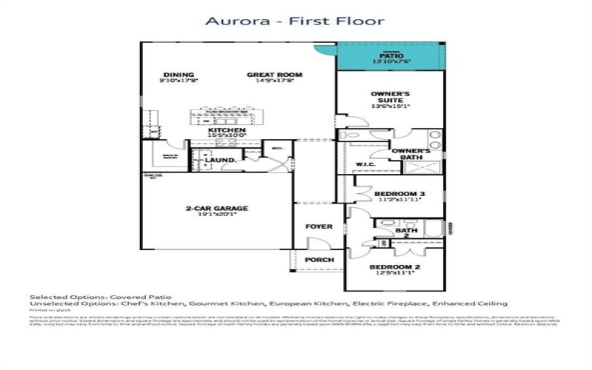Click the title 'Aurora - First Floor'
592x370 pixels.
pos(296,21)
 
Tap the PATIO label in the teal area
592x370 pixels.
pos(390,55)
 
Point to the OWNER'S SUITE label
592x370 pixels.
pos(390,98)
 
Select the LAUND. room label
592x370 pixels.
pos(221,160)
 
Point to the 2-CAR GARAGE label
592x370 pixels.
pos(217,209)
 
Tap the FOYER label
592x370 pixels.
pos(319,226)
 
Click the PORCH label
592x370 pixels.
pos(319,260)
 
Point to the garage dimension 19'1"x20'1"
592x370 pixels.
pos(217,217)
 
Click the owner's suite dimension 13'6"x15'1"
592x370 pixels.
pos(390,107)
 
